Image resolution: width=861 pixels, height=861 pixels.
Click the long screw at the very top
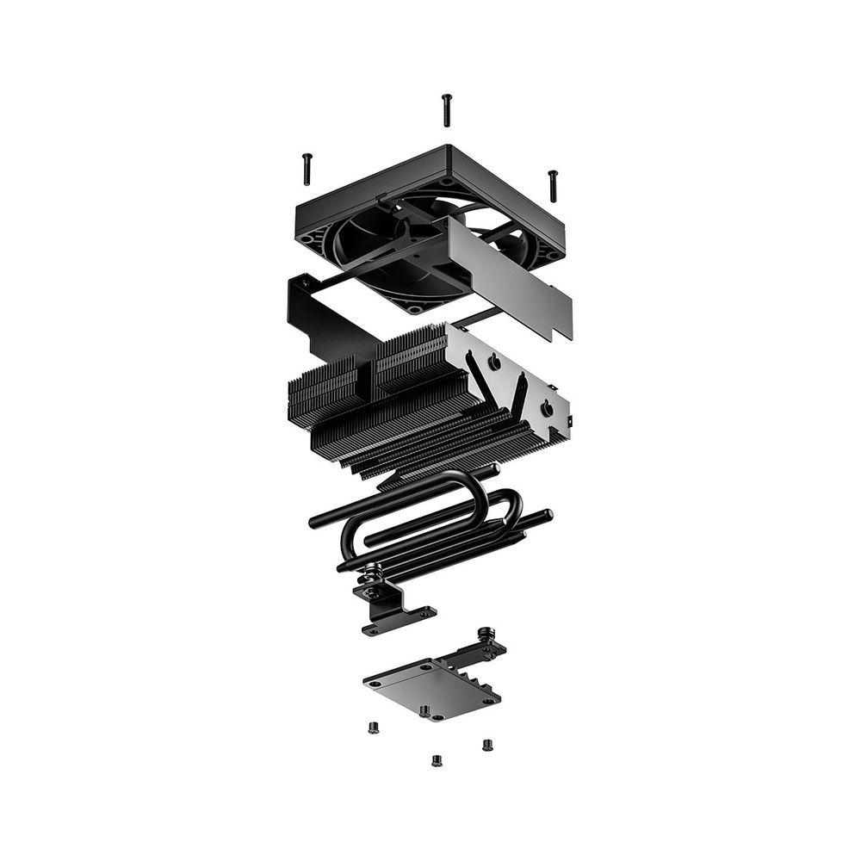[446, 109]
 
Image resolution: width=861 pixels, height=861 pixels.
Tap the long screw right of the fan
[553, 185]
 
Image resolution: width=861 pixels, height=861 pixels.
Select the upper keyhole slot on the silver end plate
[496, 363]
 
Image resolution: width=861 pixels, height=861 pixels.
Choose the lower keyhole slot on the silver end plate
[546, 408]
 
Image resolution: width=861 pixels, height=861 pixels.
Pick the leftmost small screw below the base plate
[373, 728]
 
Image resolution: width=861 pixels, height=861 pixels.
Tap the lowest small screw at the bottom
[436, 760]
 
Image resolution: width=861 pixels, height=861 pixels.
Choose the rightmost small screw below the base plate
[487, 745]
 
